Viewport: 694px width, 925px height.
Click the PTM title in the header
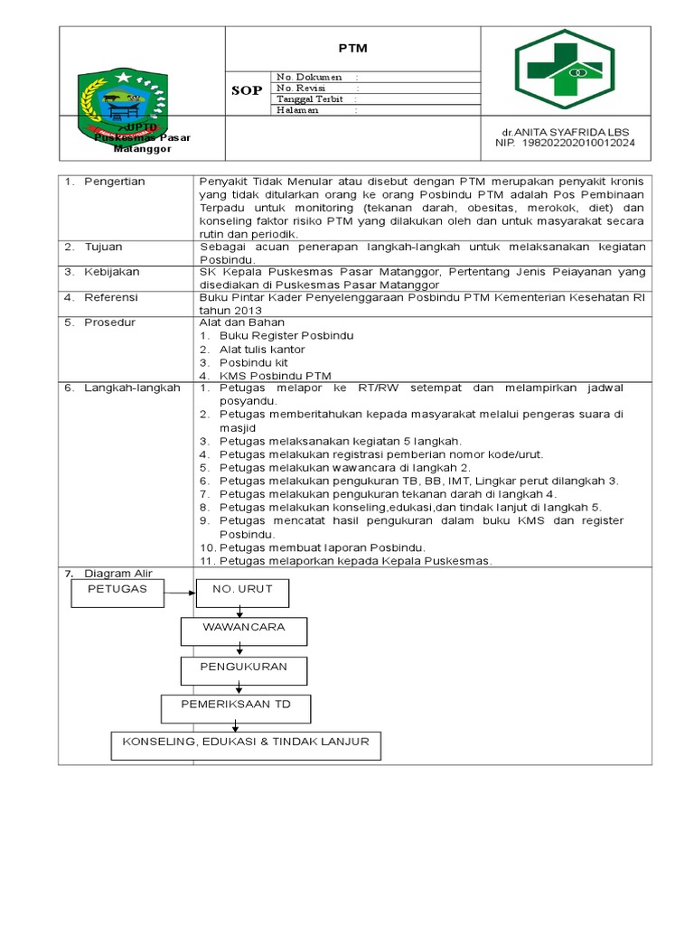[352, 48]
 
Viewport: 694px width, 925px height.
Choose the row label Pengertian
[114, 182]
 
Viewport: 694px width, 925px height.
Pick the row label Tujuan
[105, 246]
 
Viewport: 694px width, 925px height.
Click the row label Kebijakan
[112, 271]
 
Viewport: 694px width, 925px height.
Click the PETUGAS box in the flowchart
[116, 592]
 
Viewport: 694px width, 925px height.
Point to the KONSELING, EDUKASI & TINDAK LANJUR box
[240, 745]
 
